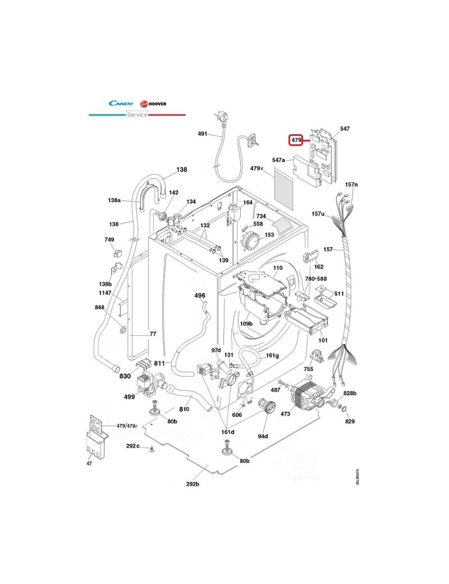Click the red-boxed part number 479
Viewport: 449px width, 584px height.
point(296,139)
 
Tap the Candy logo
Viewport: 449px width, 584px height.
point(121,103)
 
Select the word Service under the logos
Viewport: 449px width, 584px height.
point(136,115)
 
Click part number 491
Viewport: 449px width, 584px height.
point(203,134)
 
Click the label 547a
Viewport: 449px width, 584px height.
point(279,160)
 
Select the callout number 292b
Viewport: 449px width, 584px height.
point(193,483)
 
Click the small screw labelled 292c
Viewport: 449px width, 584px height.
point(152,448)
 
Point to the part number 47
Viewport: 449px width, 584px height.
point(89,463)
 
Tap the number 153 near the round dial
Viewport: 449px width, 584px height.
point(269,235)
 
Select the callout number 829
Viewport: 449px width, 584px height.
point(350,421)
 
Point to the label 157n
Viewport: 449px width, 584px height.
point(351,184)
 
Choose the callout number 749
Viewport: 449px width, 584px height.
point(109,239)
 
